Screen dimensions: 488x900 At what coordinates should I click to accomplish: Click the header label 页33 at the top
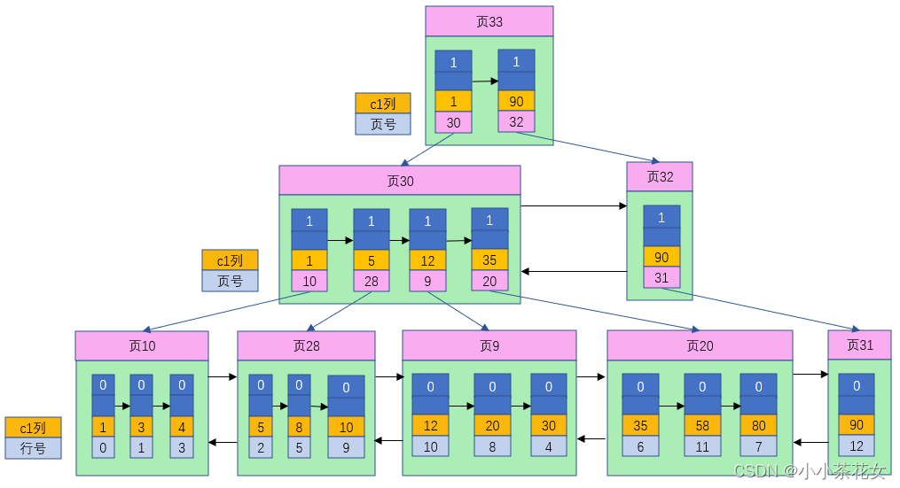click(x=489, y=21)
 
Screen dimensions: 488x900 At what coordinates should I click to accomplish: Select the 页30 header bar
click(x=399, y=181)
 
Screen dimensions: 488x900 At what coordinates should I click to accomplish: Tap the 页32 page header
click(x=660, y=177)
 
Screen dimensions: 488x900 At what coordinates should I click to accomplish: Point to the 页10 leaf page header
click(x=142, y=346)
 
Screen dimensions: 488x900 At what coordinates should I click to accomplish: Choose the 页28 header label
click(x=306, y=346)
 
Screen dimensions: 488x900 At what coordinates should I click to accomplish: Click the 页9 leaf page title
click(x=489, y=346)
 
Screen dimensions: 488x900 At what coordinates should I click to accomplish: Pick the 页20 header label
click(x=700, y=346)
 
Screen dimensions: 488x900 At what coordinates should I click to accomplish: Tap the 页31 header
click(x=859, y=345)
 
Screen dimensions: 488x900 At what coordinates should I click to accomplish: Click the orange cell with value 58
click(x=702, y=426)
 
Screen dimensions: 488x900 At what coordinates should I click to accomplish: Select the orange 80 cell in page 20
click(x=758, y=426)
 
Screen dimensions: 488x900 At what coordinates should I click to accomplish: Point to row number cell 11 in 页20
click(x=702, y=447)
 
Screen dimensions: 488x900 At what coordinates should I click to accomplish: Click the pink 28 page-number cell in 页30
click(x=372, y=282)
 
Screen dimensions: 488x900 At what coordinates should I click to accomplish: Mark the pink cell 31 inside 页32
click(x=661, y=278)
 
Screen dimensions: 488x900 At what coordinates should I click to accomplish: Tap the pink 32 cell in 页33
click(x=516, y=122)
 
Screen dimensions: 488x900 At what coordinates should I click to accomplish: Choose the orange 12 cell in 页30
click(x=427, y=261)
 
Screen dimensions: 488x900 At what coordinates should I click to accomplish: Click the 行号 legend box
click(x=33, y=448)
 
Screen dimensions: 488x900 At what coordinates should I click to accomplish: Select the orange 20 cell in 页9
click(x=492, y=426)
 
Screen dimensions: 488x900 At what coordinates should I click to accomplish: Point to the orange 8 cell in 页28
click(x=299, y=426)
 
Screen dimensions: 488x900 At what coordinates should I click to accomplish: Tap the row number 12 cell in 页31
click(x=857, y=446)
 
